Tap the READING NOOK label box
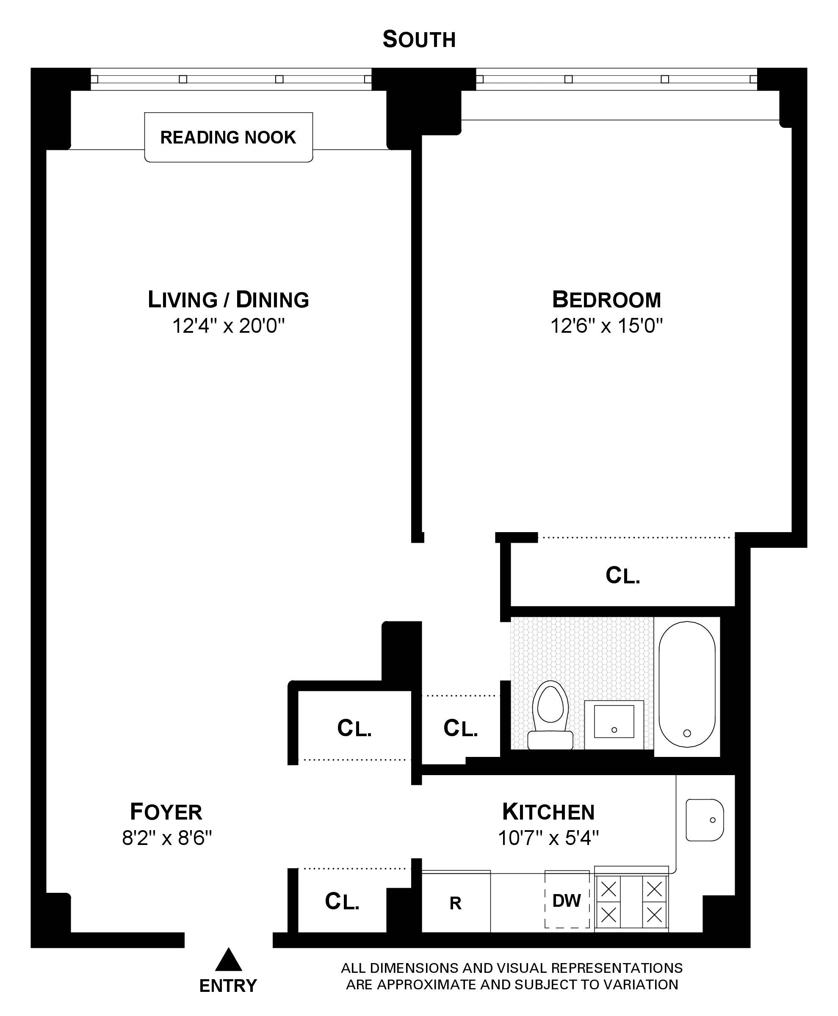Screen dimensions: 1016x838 (228, 138)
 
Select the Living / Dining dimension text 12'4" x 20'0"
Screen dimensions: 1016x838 (228, 326)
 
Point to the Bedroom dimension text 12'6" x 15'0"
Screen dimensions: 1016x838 (606, 326)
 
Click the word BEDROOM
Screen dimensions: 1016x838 (606, 300)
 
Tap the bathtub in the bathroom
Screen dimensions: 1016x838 (686, 684)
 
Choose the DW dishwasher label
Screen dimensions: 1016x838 (566, 901)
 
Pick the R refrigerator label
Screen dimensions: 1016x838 (455, 903)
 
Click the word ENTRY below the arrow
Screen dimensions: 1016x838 (228, 986)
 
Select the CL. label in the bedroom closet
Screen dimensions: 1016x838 (623, 575)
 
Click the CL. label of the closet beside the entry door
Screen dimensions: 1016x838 (342, 901)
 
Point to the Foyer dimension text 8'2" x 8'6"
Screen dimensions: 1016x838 (166, 838)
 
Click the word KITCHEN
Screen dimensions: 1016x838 (548, 812)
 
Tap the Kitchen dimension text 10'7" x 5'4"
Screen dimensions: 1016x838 (548, 838)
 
